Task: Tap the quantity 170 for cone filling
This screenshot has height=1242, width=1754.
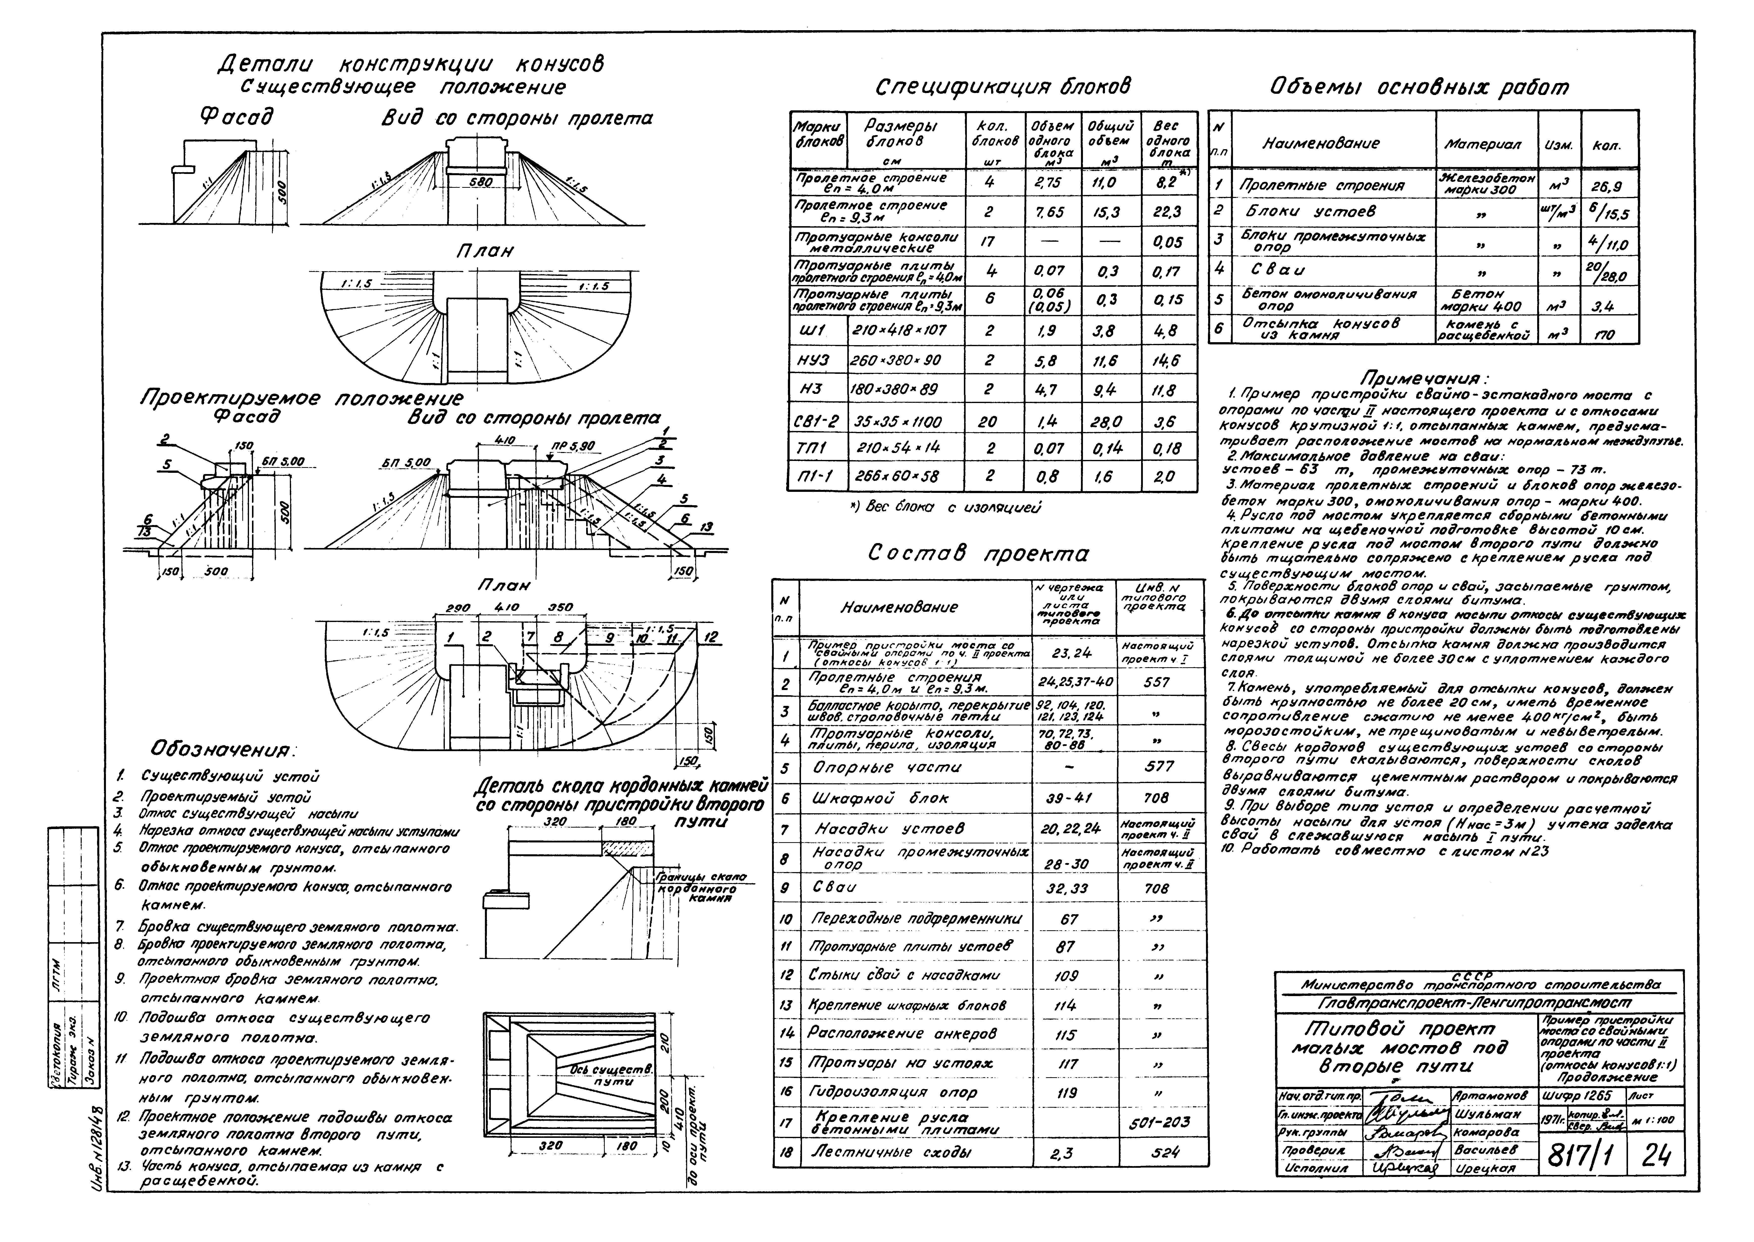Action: [x=1604, y=334]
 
